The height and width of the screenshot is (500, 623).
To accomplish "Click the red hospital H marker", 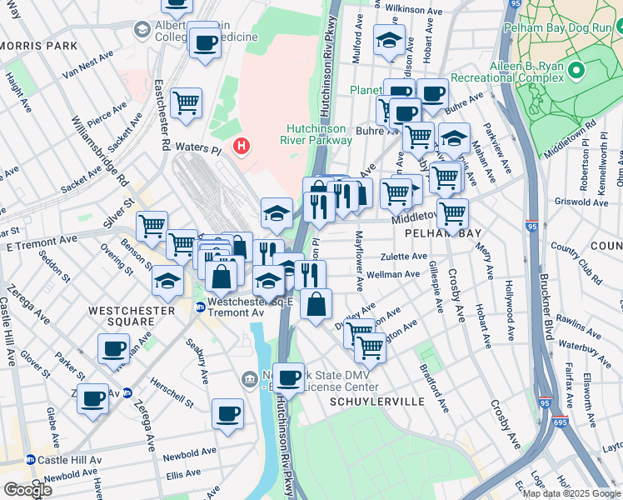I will tap(242, 147).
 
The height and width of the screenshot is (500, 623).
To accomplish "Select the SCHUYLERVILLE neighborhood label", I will tap(376, 402).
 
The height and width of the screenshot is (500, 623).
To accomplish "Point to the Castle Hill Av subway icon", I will tap(31, 460).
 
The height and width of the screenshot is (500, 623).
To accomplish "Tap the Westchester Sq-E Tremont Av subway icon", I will tap(200, 307).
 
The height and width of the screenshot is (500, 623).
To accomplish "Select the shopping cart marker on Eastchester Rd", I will tap(186, 104).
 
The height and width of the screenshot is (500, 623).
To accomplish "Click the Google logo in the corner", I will tap(27, 490).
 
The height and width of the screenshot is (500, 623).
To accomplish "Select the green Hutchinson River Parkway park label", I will tap(320, 134).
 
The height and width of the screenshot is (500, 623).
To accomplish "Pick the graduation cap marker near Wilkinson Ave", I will tap(389, 41).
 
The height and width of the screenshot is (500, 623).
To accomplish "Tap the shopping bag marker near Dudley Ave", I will tap(316, 305).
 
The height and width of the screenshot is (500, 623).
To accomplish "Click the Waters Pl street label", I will tap(197, 147).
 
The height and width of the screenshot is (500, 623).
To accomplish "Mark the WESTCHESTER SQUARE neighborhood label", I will tap(132, 311).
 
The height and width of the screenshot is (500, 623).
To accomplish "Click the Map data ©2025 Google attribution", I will tap(571, 493).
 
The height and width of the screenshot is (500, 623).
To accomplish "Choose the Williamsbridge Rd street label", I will tap(100, 150).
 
